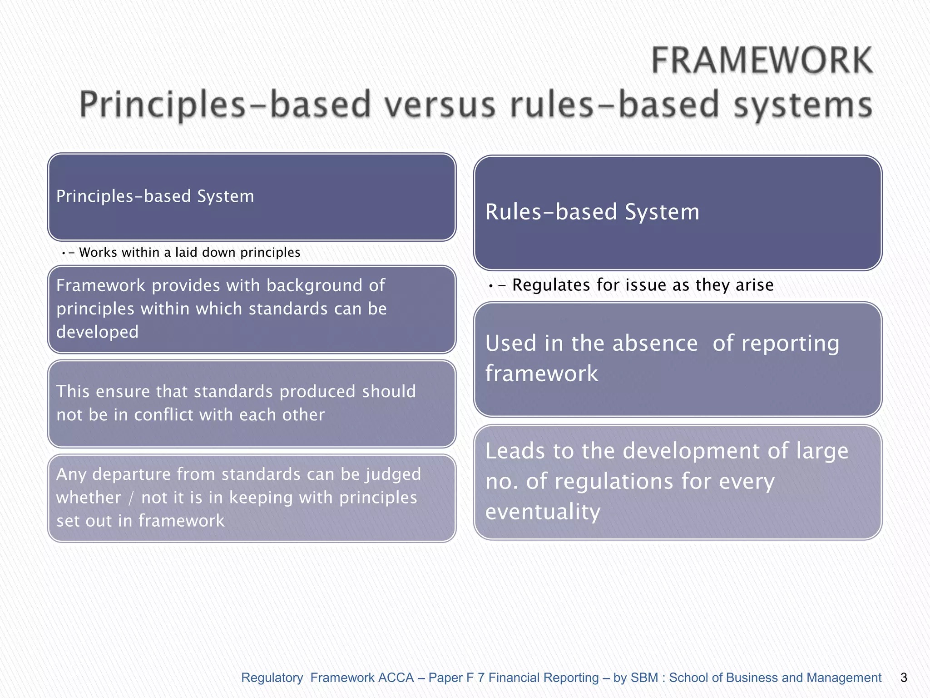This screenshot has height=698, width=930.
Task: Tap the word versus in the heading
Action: click(x=440, y=105)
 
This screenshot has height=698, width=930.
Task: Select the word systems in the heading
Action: click(x=803, y=105)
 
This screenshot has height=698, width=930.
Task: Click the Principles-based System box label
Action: click(x=155, y=196)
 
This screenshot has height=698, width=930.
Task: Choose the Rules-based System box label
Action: click(x=592, y=212)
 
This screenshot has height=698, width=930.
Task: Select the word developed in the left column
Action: click(x=97, y=332)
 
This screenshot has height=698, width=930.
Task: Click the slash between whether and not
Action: click(x=131, y=498)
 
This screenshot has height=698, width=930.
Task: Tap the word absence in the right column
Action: click(x=654, y=343)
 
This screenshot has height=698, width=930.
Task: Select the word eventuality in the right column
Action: click(x=543, y=512)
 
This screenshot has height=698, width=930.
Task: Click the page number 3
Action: click(x=904, y=678)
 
